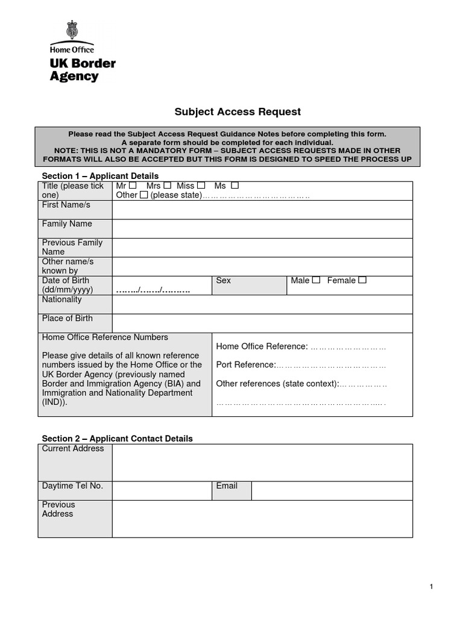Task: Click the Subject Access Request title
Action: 237,111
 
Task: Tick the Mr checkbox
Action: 133,186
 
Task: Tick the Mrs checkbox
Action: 167,186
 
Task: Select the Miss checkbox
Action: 201,186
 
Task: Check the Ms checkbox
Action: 235,186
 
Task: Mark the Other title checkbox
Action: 143,195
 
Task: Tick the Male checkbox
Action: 316,280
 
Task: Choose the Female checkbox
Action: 362,280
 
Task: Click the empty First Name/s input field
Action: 262,210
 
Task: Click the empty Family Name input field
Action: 262,228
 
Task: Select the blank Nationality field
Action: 262,304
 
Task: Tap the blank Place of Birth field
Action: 262,323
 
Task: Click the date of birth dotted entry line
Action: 153,290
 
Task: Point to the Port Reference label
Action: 245,365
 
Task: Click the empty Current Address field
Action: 262,463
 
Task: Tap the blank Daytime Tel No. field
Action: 161,490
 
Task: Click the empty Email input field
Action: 332,490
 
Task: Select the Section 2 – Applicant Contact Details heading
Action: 117,439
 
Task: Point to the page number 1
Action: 432,587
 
